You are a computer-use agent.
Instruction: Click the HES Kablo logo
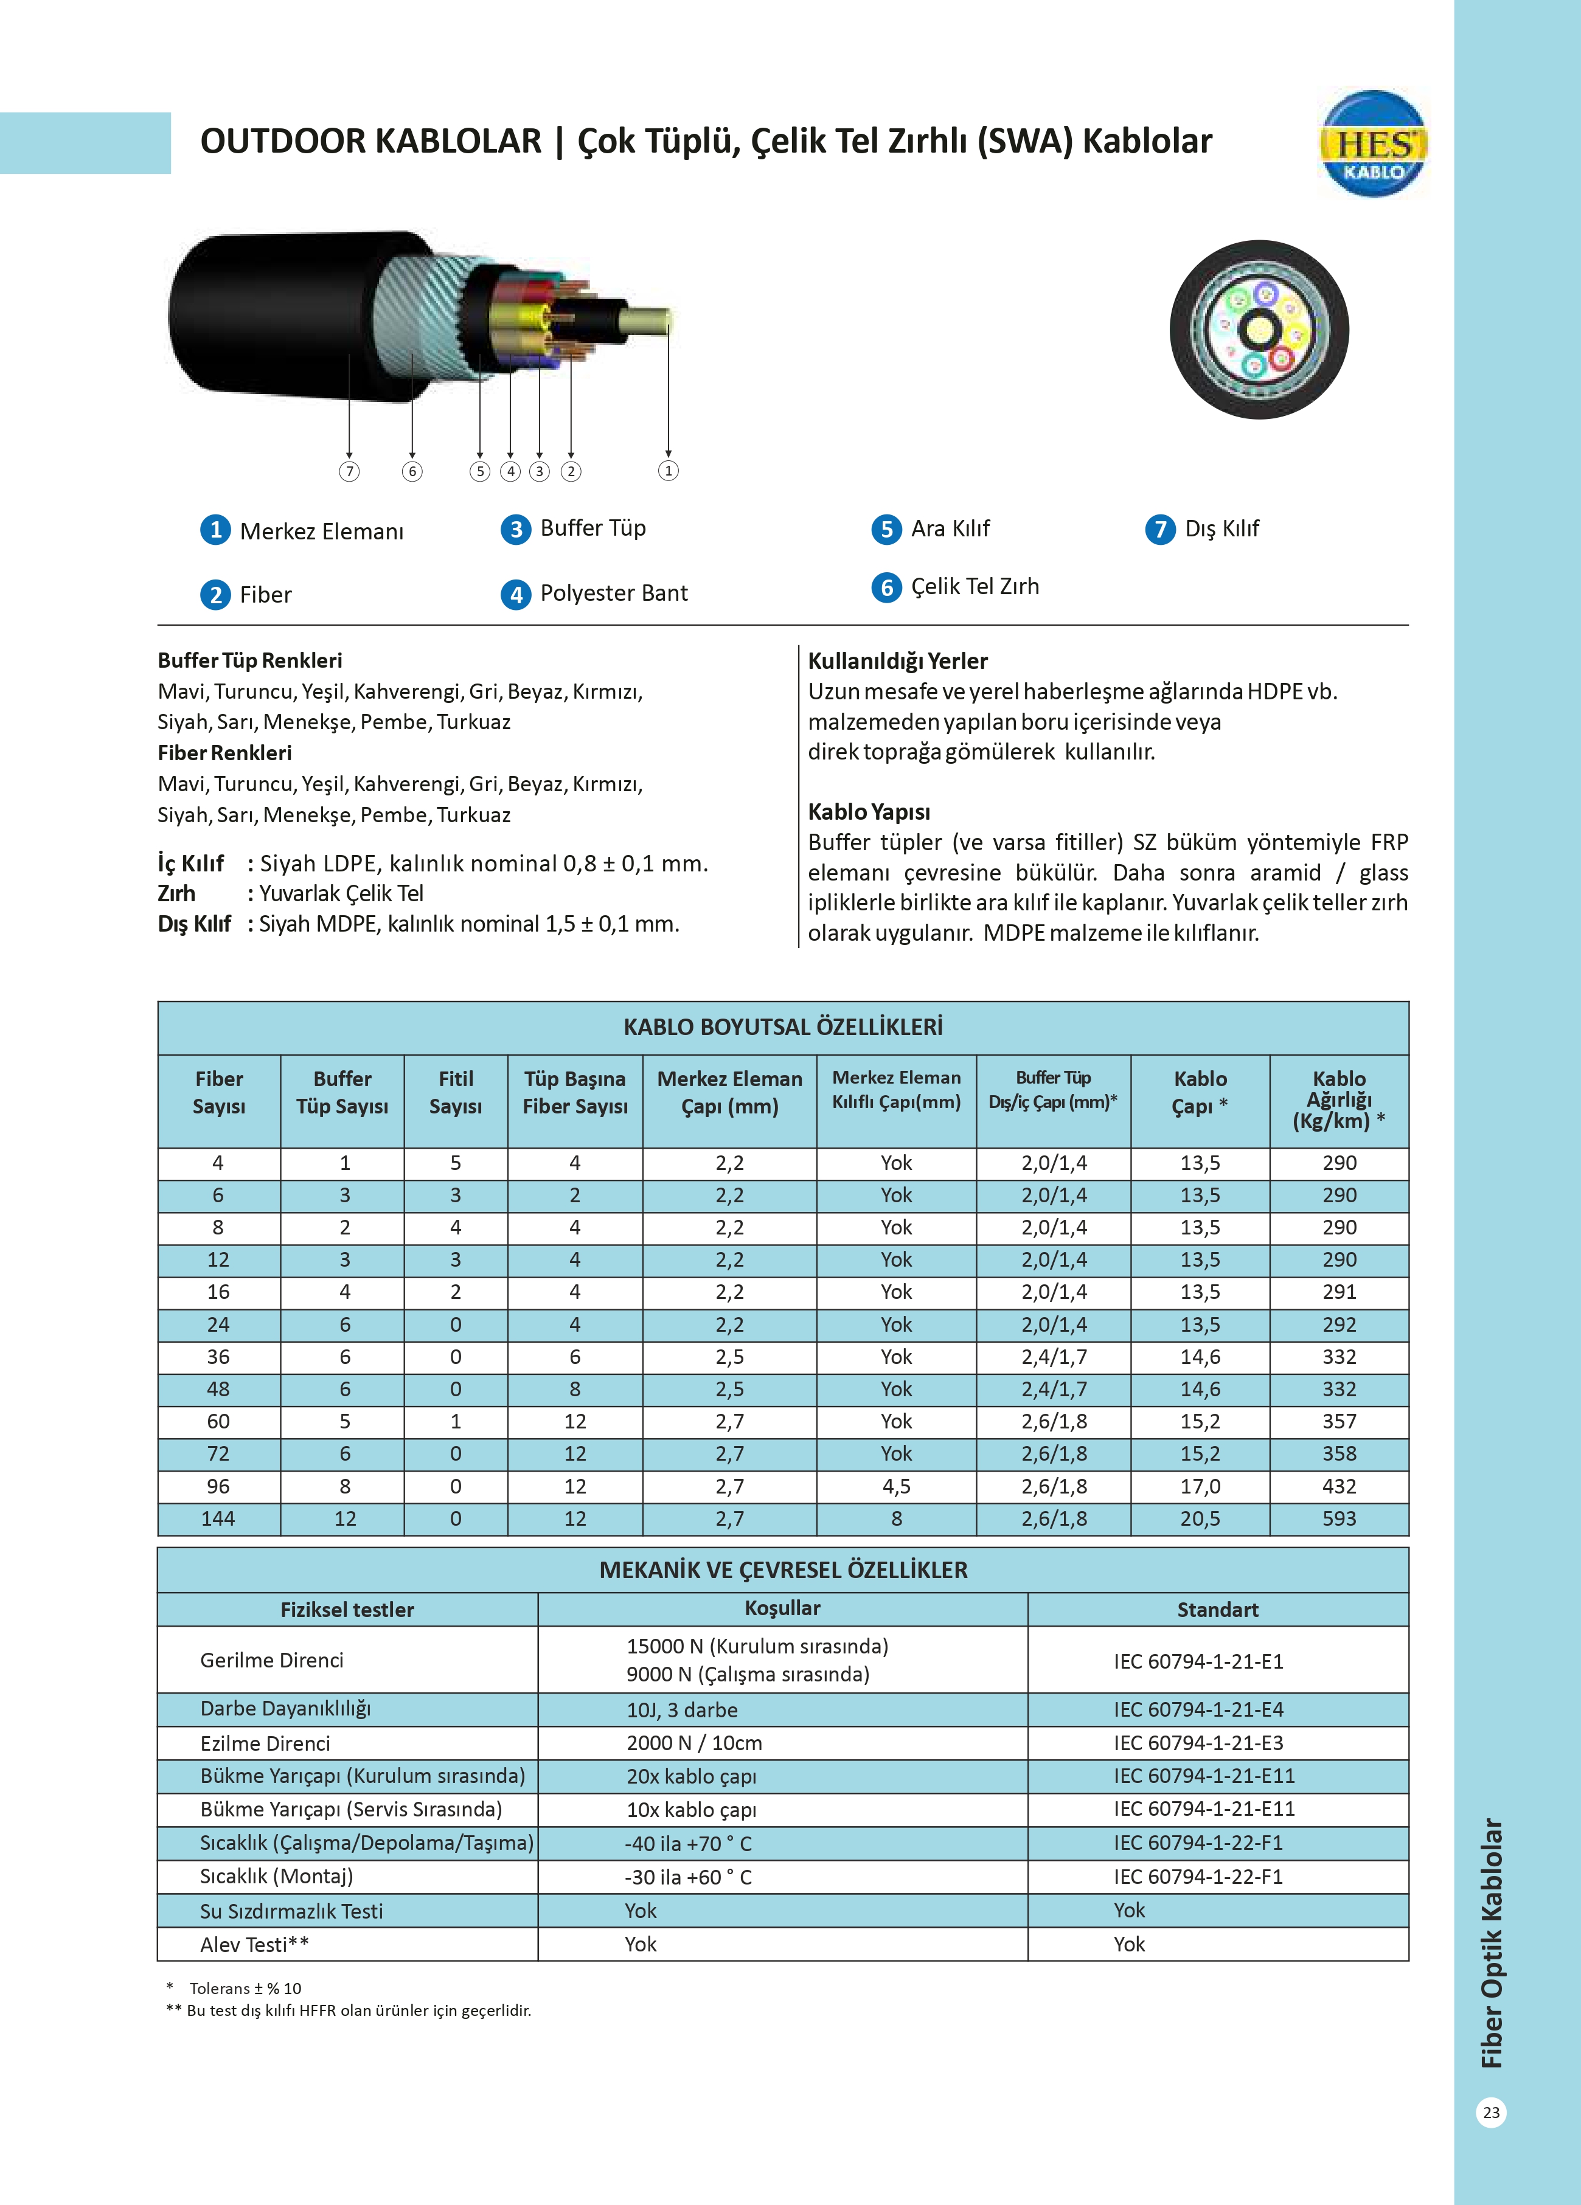point(1373,145)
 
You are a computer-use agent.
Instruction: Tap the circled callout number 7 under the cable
point(349,471)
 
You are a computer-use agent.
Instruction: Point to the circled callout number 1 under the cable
point(668,471)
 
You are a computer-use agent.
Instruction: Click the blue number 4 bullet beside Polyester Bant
point(515,594)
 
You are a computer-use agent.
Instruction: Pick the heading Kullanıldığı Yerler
point(897,661)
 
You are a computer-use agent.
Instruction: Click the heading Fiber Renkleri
point(224,752)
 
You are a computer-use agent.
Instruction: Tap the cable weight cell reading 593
point(1339,1518)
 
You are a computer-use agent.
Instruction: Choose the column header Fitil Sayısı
point(455,1093)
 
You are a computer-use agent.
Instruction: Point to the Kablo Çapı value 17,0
point(1200,1487)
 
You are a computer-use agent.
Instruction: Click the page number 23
point(1490,2113)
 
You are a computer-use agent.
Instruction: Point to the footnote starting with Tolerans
point(244,1988)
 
